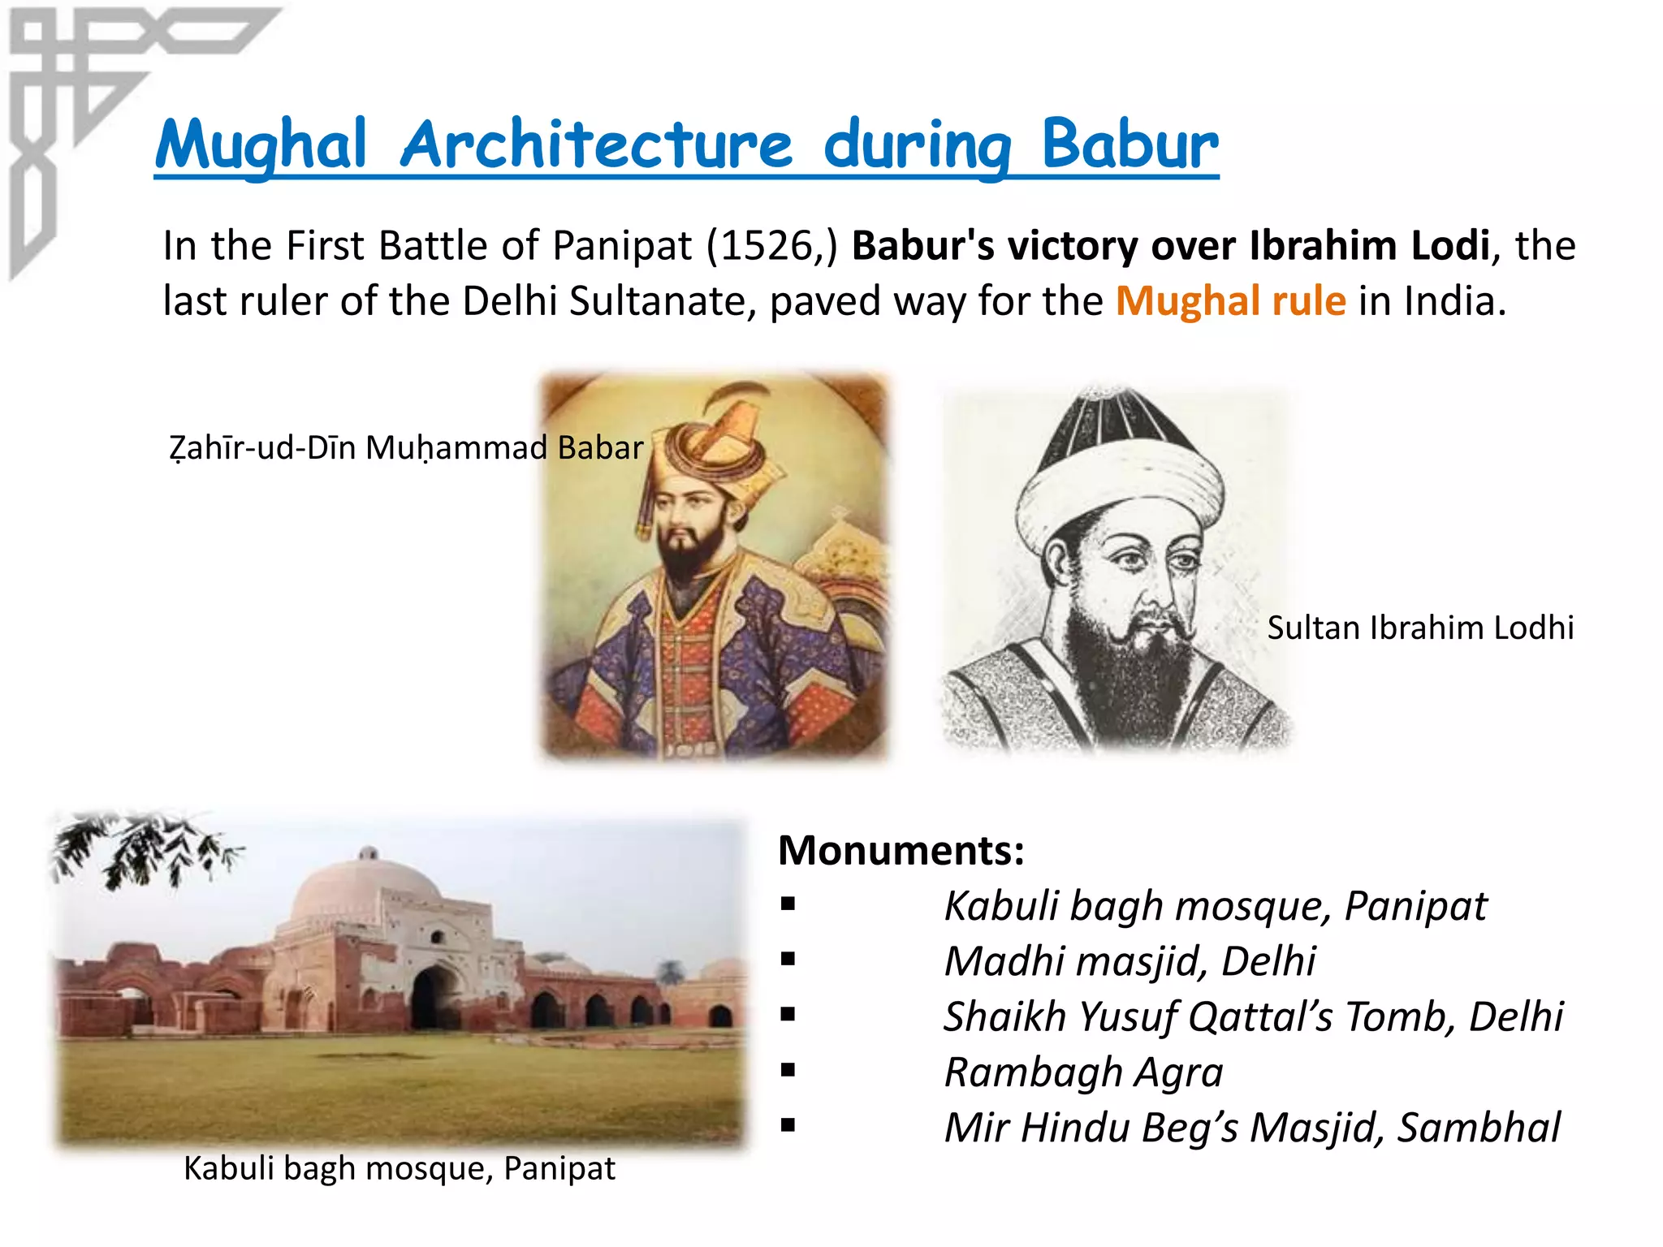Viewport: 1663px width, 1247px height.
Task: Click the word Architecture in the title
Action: pos(596,145)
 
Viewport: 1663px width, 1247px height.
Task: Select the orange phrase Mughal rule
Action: pos(1230,301)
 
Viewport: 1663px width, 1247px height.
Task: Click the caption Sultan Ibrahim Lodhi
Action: pos(1420,628)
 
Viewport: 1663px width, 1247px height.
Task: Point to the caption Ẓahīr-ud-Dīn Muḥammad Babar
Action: pos(406,447)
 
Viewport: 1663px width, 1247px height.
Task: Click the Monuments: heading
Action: pos(901,850)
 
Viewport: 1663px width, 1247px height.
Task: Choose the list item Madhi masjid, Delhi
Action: pos(1130,961)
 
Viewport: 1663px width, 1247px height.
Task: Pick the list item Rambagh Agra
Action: pos(1083,1072)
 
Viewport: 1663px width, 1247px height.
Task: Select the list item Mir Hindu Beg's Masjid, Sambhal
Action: pos(1251,1128)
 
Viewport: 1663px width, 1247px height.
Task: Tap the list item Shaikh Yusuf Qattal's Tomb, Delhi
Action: pos(1253,1016)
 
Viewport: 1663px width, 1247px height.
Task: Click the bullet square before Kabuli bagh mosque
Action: pos(787,904)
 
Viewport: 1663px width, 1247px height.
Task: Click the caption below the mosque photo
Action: pos(400,1168)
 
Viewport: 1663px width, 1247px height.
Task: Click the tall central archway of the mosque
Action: pos(434,999)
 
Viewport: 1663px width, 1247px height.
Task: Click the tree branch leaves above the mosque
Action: pos(146,848)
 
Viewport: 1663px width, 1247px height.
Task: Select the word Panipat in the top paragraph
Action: pos(622,245)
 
